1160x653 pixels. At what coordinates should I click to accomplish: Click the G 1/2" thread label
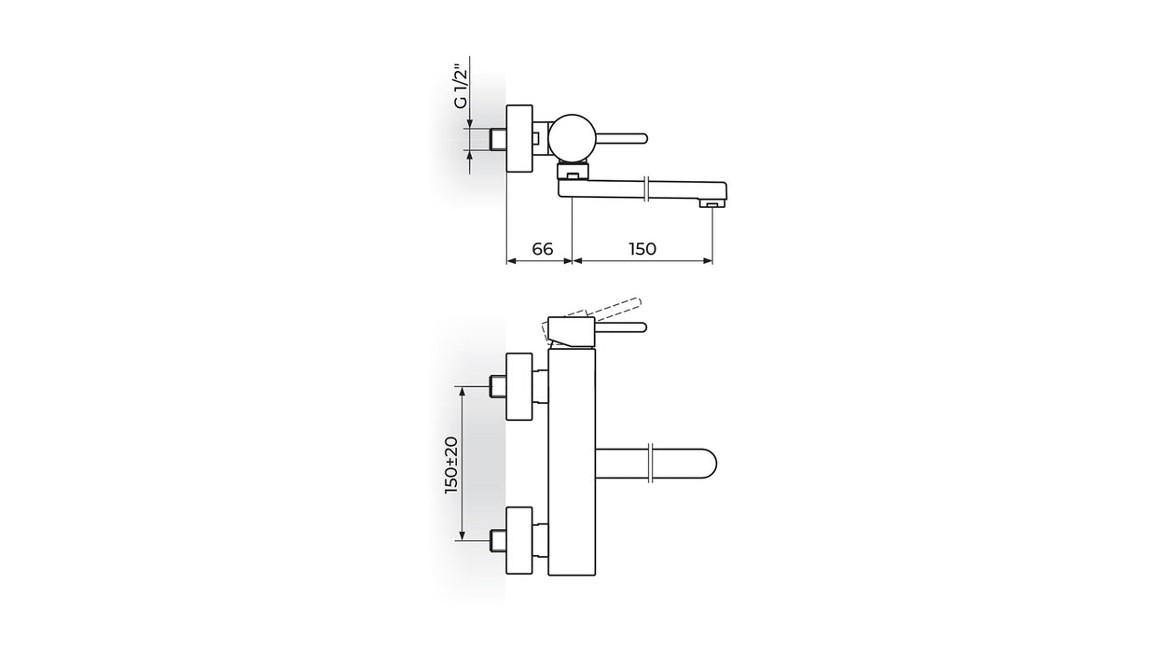(461, 86)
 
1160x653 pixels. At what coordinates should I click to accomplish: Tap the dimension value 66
(542, 249)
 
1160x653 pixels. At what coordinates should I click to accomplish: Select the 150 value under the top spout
(642, 249)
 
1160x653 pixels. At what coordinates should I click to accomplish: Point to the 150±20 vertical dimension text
(451, 465)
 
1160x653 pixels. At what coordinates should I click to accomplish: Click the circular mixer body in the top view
(572, 137)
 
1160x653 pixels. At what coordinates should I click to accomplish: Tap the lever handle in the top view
(621, 138)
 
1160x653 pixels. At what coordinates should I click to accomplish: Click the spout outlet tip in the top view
(712, 205)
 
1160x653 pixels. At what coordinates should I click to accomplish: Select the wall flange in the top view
(519, 138)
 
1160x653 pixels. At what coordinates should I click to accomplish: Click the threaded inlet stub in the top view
(498, 138)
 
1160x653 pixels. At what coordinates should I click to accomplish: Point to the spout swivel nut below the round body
(573, 171)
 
